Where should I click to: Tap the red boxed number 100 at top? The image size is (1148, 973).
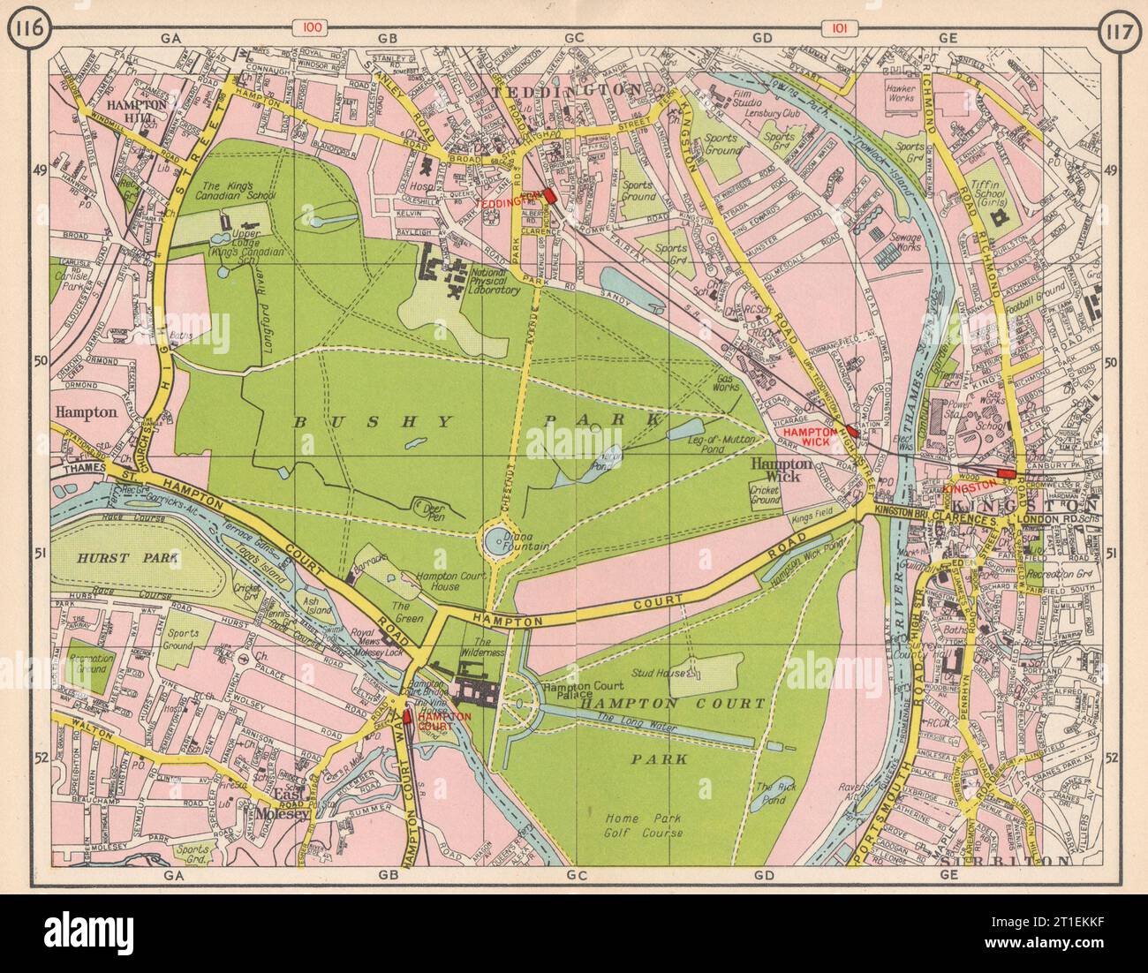(x=313, y=28)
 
